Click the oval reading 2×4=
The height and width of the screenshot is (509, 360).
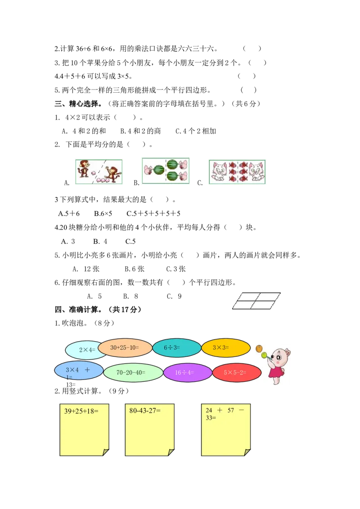pyautogui.click(x=85, y=350)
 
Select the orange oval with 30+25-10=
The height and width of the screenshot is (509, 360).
pyautogui.click(x=125, y=348)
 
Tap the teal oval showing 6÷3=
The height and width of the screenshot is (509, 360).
pyautogui.click(x=176, y=348)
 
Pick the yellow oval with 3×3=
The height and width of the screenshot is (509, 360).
pyautogui.click(x=225, y=348)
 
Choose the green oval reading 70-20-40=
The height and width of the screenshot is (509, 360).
pyautogui.click(x=133, y=373)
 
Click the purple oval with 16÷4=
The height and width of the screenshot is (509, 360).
pyautogui.click(x=187, y=373)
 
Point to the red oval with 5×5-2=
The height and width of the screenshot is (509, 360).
pyautogui.click(x=236, y=373)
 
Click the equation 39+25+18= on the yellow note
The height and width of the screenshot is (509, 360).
pyautogui.click(x=81, y=411)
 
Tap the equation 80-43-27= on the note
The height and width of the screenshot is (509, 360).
pyautogui.click(x=145, y=411)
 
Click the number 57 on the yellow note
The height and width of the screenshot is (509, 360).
pyautogui.click(x=231, y=410)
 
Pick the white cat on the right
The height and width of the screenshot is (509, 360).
pyautogui.click(x=257, y=173)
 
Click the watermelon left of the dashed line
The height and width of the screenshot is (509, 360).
pyautogui.click(x=159, y=170)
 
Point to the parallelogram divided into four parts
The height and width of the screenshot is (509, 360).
pyautogui.click(x=257, y=301)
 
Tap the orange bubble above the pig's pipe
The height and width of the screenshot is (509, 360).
pyautogui.click(x=259, y=348)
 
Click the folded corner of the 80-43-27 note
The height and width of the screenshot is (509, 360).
pyautogui.click(x=171, y=452)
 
